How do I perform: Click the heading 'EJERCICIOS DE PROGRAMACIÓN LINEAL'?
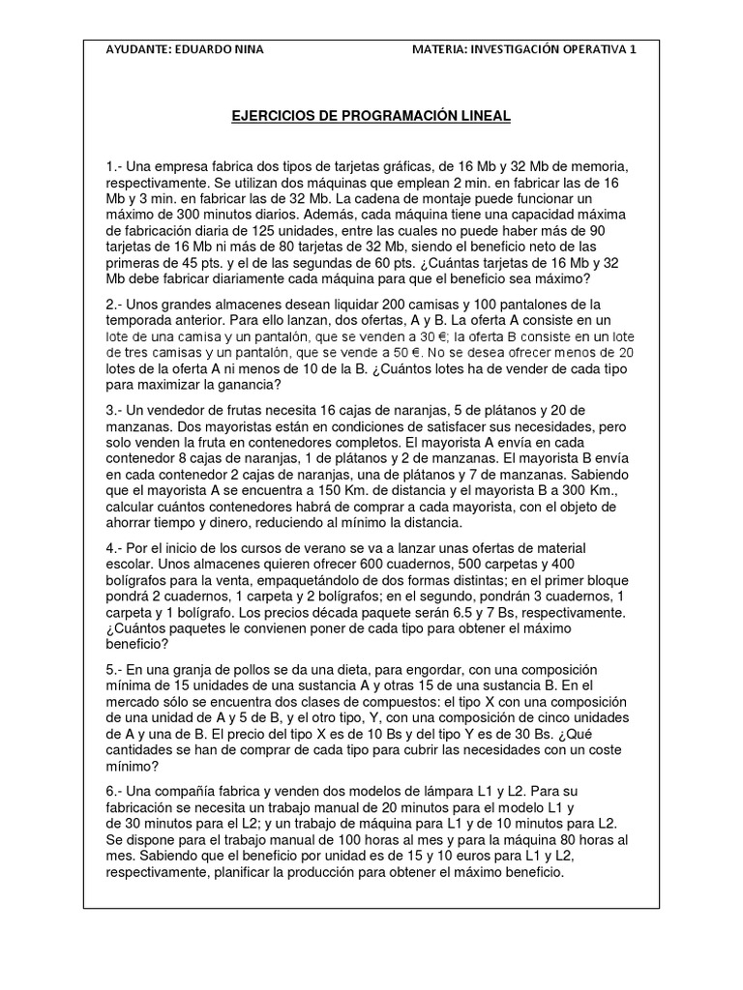coord(371,116)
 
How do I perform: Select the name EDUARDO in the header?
coord(205,49)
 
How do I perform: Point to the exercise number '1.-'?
coord(115,167)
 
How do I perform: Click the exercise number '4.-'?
coord(115,549)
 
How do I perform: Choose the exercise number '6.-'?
coord(115,791)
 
